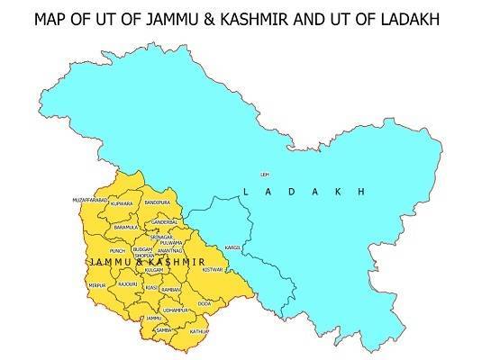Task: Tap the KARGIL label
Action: (234, 247)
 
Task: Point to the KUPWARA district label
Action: (121, 204)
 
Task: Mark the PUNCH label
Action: (118, 251)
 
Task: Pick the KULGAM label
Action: (154, 270)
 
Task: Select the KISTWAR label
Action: (212, 269)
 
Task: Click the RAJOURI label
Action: (128, 284)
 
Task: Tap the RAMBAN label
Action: (172, 289)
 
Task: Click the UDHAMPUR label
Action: (176, 310)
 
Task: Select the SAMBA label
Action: (164, 330)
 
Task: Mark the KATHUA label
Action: (199, 331)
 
